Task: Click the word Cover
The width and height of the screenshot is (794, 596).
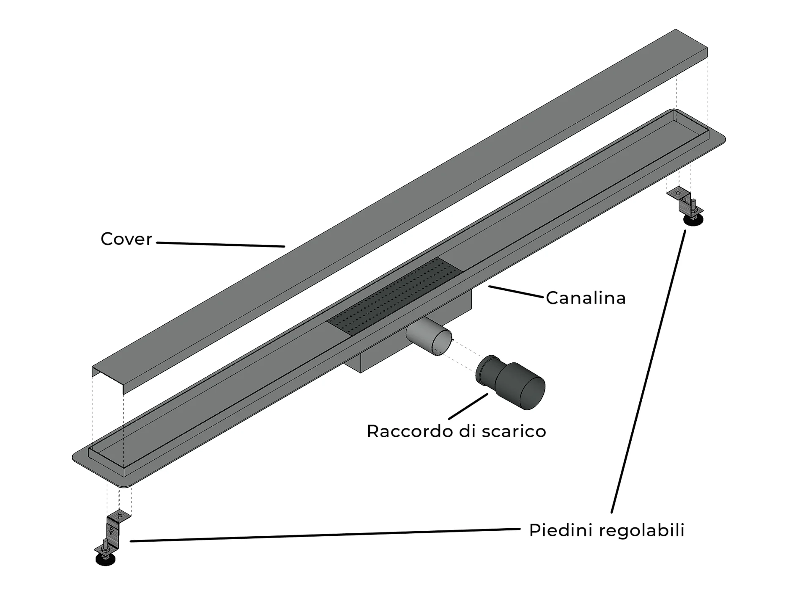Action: (126, 239)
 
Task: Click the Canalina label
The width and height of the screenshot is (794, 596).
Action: (586, 298)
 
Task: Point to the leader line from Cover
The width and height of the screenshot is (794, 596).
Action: (220, 244)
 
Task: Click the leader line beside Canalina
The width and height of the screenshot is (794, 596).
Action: (516, 292)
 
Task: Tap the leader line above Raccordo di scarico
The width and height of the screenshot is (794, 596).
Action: (468, 406)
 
